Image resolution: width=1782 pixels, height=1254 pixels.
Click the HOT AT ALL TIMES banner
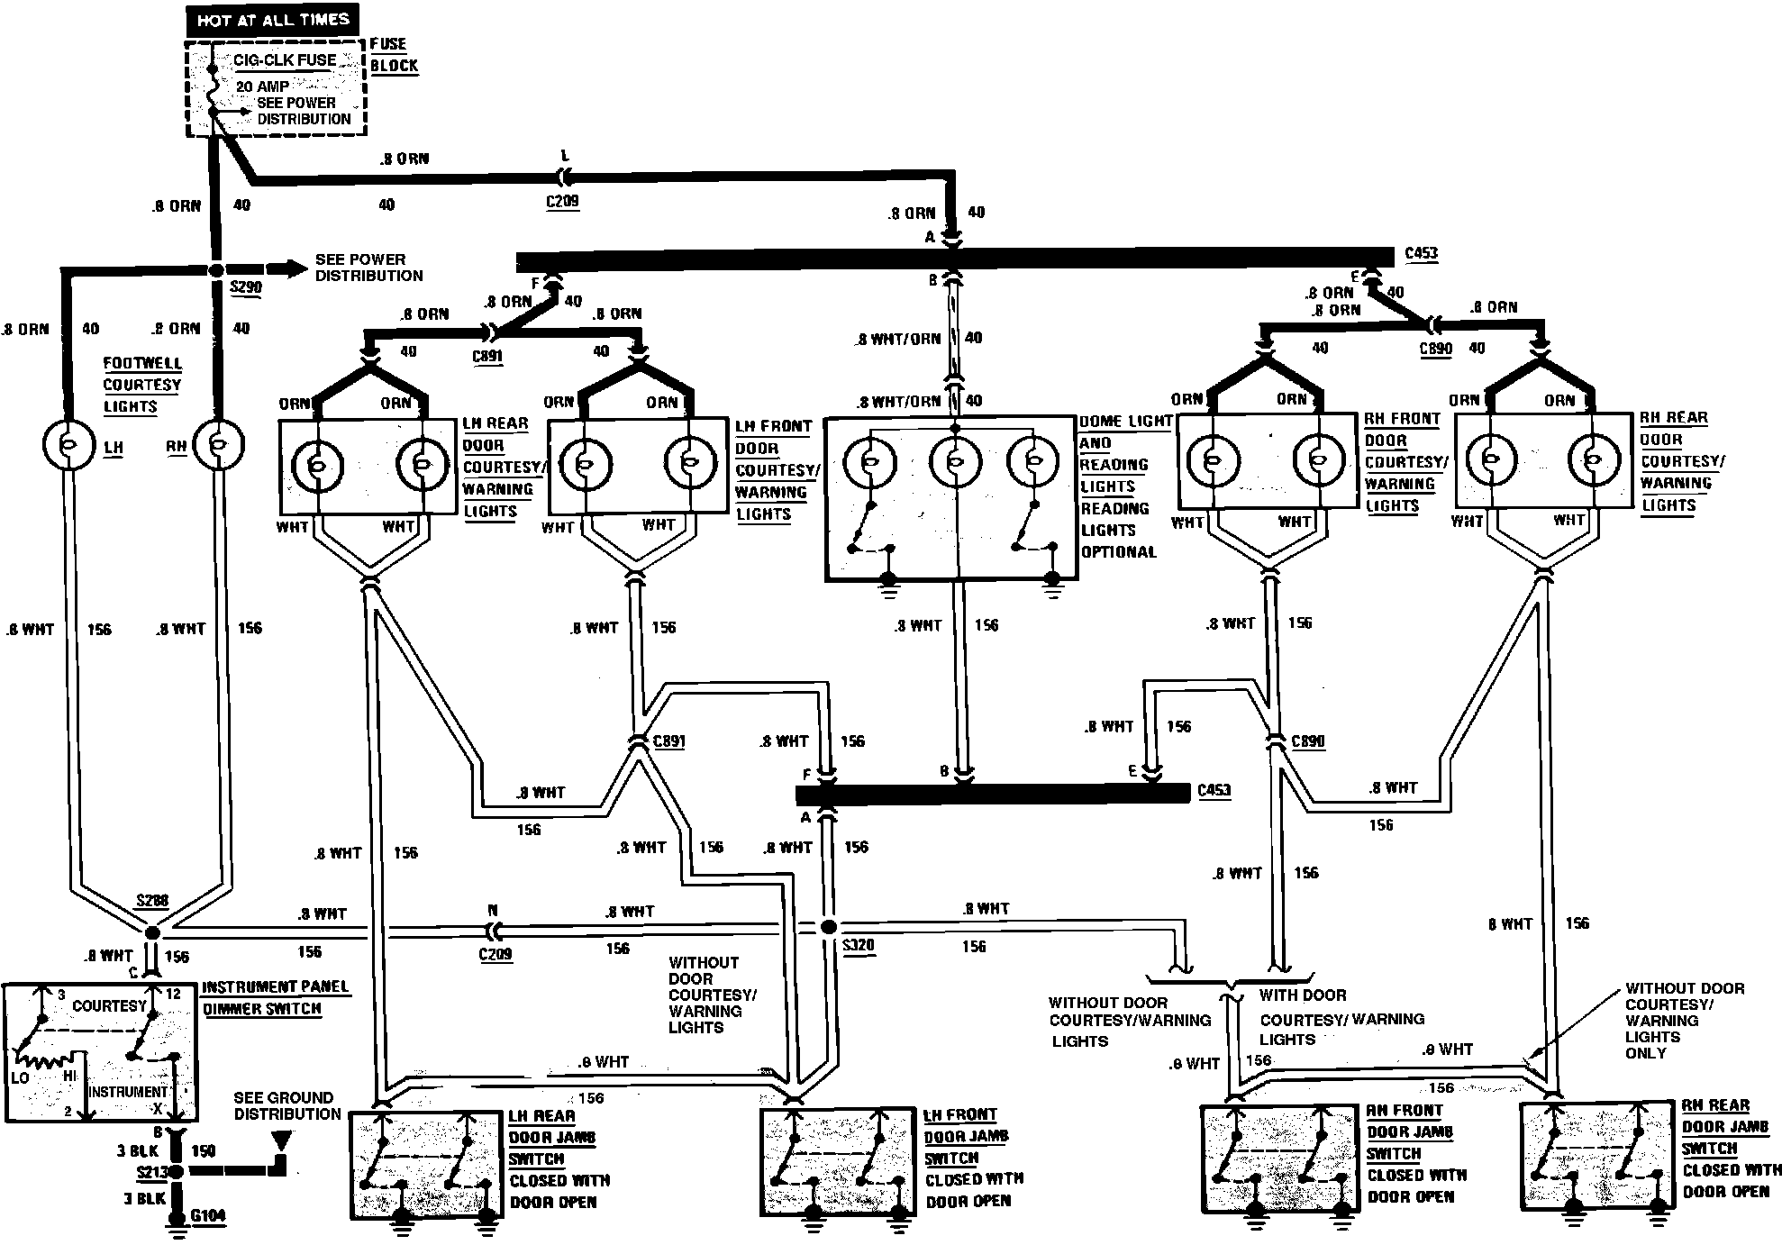273,20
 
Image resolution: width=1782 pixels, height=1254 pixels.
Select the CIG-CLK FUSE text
286,60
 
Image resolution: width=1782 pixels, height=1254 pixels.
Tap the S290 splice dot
215,270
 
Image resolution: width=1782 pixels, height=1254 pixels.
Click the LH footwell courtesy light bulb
68,444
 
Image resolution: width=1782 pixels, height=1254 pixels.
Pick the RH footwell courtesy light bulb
219,443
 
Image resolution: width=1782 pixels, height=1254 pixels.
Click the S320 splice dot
829,927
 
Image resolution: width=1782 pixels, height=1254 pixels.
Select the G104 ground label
208,1216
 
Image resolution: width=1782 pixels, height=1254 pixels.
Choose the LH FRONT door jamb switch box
837,1163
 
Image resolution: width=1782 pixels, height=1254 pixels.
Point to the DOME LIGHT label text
1126,421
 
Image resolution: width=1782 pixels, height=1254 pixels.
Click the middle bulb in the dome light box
954,462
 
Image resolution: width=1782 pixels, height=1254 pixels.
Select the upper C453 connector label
1422,253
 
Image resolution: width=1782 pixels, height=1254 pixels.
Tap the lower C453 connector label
1214,791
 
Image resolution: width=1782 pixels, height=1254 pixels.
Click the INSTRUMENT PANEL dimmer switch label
275,987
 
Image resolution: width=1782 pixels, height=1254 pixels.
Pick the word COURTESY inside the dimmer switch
109,1005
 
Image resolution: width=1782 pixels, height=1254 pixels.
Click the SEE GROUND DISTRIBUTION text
287,1105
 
